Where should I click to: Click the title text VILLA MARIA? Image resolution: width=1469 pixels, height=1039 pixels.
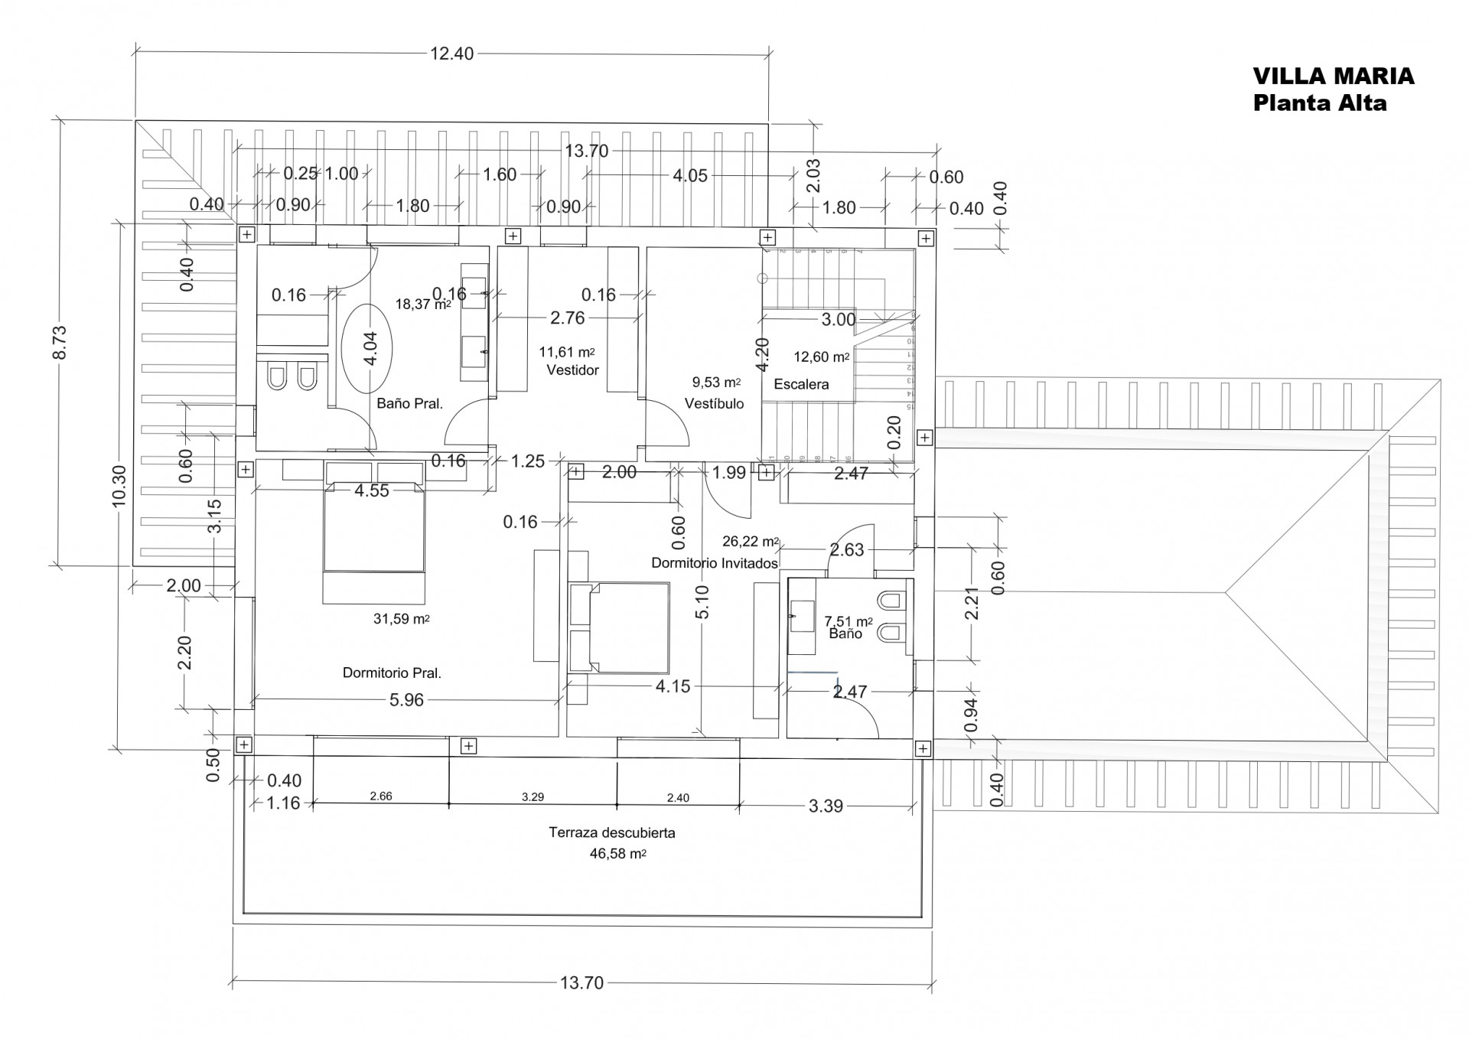pos(1333,77)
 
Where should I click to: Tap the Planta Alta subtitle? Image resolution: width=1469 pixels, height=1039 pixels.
pos(1319,103)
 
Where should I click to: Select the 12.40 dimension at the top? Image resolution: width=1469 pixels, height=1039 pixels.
pos(451,54)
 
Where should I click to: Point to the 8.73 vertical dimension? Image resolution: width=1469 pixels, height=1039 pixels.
pos(60,342)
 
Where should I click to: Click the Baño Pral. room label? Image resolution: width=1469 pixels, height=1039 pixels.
pos(409,403)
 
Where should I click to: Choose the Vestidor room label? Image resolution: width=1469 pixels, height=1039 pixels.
pos(572,370)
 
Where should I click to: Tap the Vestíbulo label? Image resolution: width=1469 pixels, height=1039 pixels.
pos(714,403)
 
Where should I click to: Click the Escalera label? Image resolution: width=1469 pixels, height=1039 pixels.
pos(801,384)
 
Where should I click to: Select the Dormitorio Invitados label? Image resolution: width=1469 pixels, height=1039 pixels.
pos(714,563)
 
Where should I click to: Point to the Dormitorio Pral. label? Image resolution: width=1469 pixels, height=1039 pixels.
pos(392,673)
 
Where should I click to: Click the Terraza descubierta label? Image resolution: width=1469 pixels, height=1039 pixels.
pos(611,832)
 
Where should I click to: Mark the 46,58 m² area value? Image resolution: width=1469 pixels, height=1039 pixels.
pos(617,854)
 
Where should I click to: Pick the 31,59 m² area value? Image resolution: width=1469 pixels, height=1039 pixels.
pos(401,619)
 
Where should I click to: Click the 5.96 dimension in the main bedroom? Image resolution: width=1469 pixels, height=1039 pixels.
pos(406,700)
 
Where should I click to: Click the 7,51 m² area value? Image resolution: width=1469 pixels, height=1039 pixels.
pos(848,621)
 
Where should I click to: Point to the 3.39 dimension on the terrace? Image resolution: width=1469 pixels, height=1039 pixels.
pos(826,806)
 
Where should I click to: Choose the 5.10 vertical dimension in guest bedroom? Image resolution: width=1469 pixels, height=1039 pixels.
pos(702,601)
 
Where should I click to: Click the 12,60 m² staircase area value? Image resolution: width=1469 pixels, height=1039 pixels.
pos(821,357)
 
